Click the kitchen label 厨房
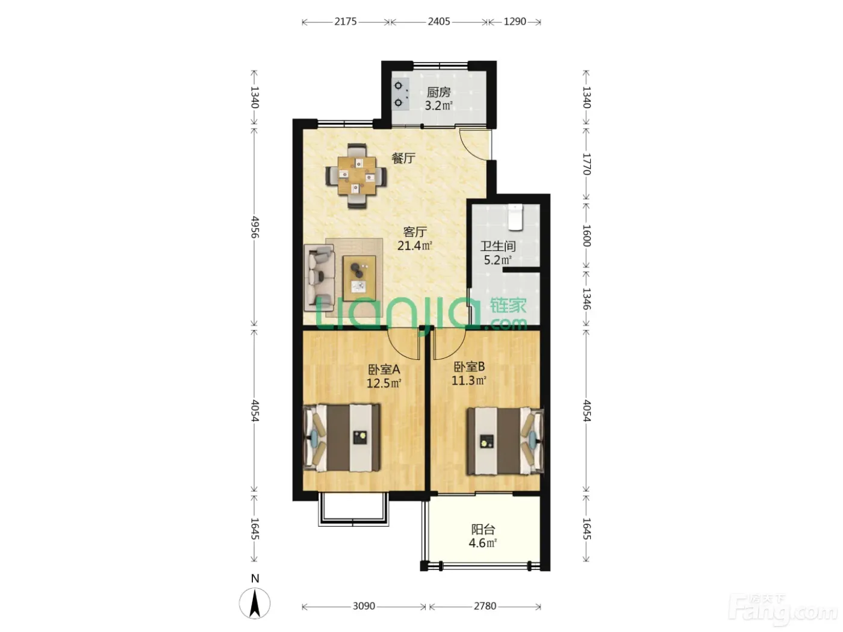click(438, 92)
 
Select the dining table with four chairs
click(356, 176)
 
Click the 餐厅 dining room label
click(403, 158)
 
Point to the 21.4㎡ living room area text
click(415, 245)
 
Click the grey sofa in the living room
click(320, 277)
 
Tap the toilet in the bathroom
click(515, 217)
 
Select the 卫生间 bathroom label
click(498, 246)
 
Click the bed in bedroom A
click(342, 438)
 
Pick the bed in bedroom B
click(505, 442)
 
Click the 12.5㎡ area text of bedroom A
click(384, 383)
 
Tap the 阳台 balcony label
click(483, 530)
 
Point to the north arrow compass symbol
click(254, 602)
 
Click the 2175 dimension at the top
click(346, 22)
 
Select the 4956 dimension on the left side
click(255, 227)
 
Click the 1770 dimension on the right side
click(586, 164)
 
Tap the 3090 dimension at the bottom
click(364, 606)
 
